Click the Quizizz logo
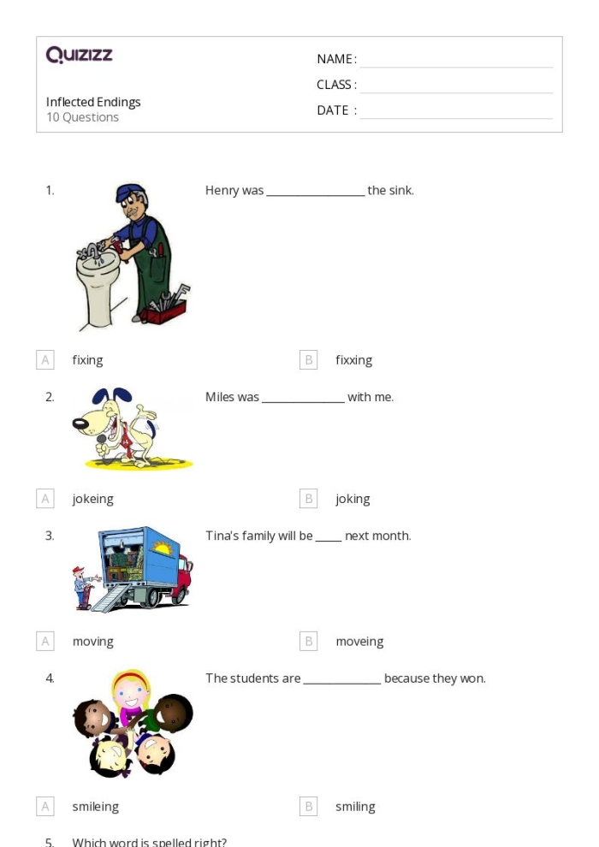[79, 56]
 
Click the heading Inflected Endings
[93, 102]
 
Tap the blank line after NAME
[456, 60]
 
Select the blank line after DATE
[456, 111]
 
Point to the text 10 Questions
[82, 117]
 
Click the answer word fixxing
[353, 360]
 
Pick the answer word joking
[353, 499]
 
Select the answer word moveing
[359, 642]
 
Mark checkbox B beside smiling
[309, 807]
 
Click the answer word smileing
[95, 807]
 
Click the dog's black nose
[80, 421]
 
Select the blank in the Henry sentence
[315, 191]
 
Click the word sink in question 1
[400, 191]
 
